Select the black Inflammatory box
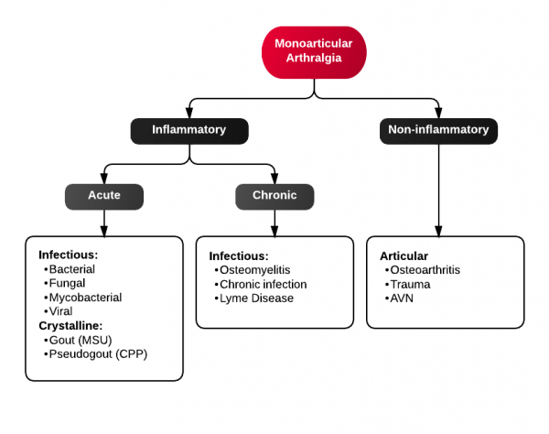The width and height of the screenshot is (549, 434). (x=188, y=130)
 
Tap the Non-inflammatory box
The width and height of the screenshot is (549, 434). (x=438, y=130)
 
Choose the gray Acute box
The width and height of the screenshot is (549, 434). (x=103, y=196)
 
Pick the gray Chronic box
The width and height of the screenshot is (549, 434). (x=274, y=196)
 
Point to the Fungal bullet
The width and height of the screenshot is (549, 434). (x=67, y=283)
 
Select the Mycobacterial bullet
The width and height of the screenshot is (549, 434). (x=85, y=297)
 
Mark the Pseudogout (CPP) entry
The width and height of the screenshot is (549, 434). (x=97, y=353)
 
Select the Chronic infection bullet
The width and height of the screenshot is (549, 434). (x=264, y=284)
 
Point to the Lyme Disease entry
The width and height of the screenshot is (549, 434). (x=257, y=298)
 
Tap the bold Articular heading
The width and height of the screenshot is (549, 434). (x=404, y=255)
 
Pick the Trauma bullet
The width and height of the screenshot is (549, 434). (x=409, y=284)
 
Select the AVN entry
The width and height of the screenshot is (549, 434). (x=403, y=298)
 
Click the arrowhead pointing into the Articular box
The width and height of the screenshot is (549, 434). (x=438, y=230)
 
